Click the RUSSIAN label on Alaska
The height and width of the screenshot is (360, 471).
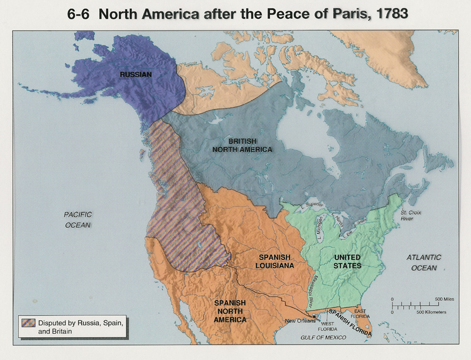tap(136, 74)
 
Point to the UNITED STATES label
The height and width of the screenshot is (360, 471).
tap(347, 261)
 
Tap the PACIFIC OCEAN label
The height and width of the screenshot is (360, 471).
tap(77, 219)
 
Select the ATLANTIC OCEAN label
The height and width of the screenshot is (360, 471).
tap(424, 263)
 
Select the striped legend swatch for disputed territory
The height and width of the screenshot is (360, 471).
tap(28, 323)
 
